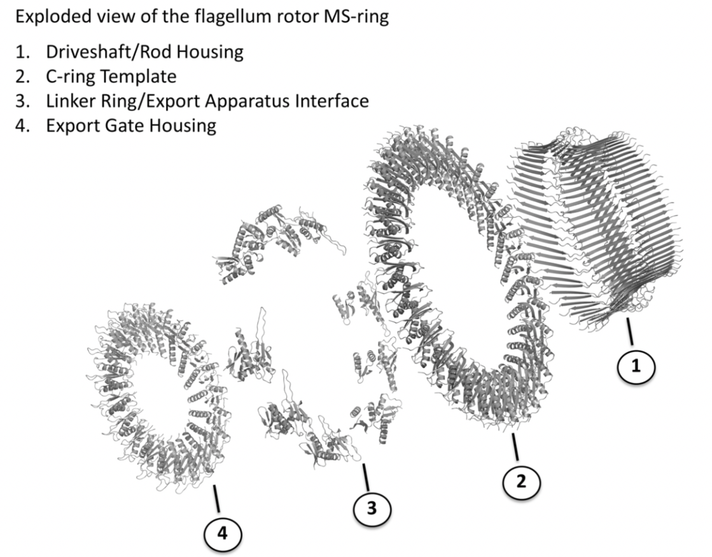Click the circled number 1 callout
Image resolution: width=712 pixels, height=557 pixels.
pyautogui.click(x=636, y=367)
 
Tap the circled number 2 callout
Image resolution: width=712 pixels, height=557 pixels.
pyautogui.click(x=522, y=482)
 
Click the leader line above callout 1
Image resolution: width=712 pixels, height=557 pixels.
pyautogui.click(x=630, y=332)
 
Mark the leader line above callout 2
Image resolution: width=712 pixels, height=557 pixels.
pyautogui.click(x=515, y=446)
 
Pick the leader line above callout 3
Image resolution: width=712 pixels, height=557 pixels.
pyautogui.click(x=366, y=477)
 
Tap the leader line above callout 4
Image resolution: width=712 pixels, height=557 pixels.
pyautogui.click(x=217, y=499)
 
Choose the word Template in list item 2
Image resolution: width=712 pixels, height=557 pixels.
pyautogui.click(x=139, y=77)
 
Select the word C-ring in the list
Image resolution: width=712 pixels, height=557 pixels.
pyautogui.click(x=70, y=77)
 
